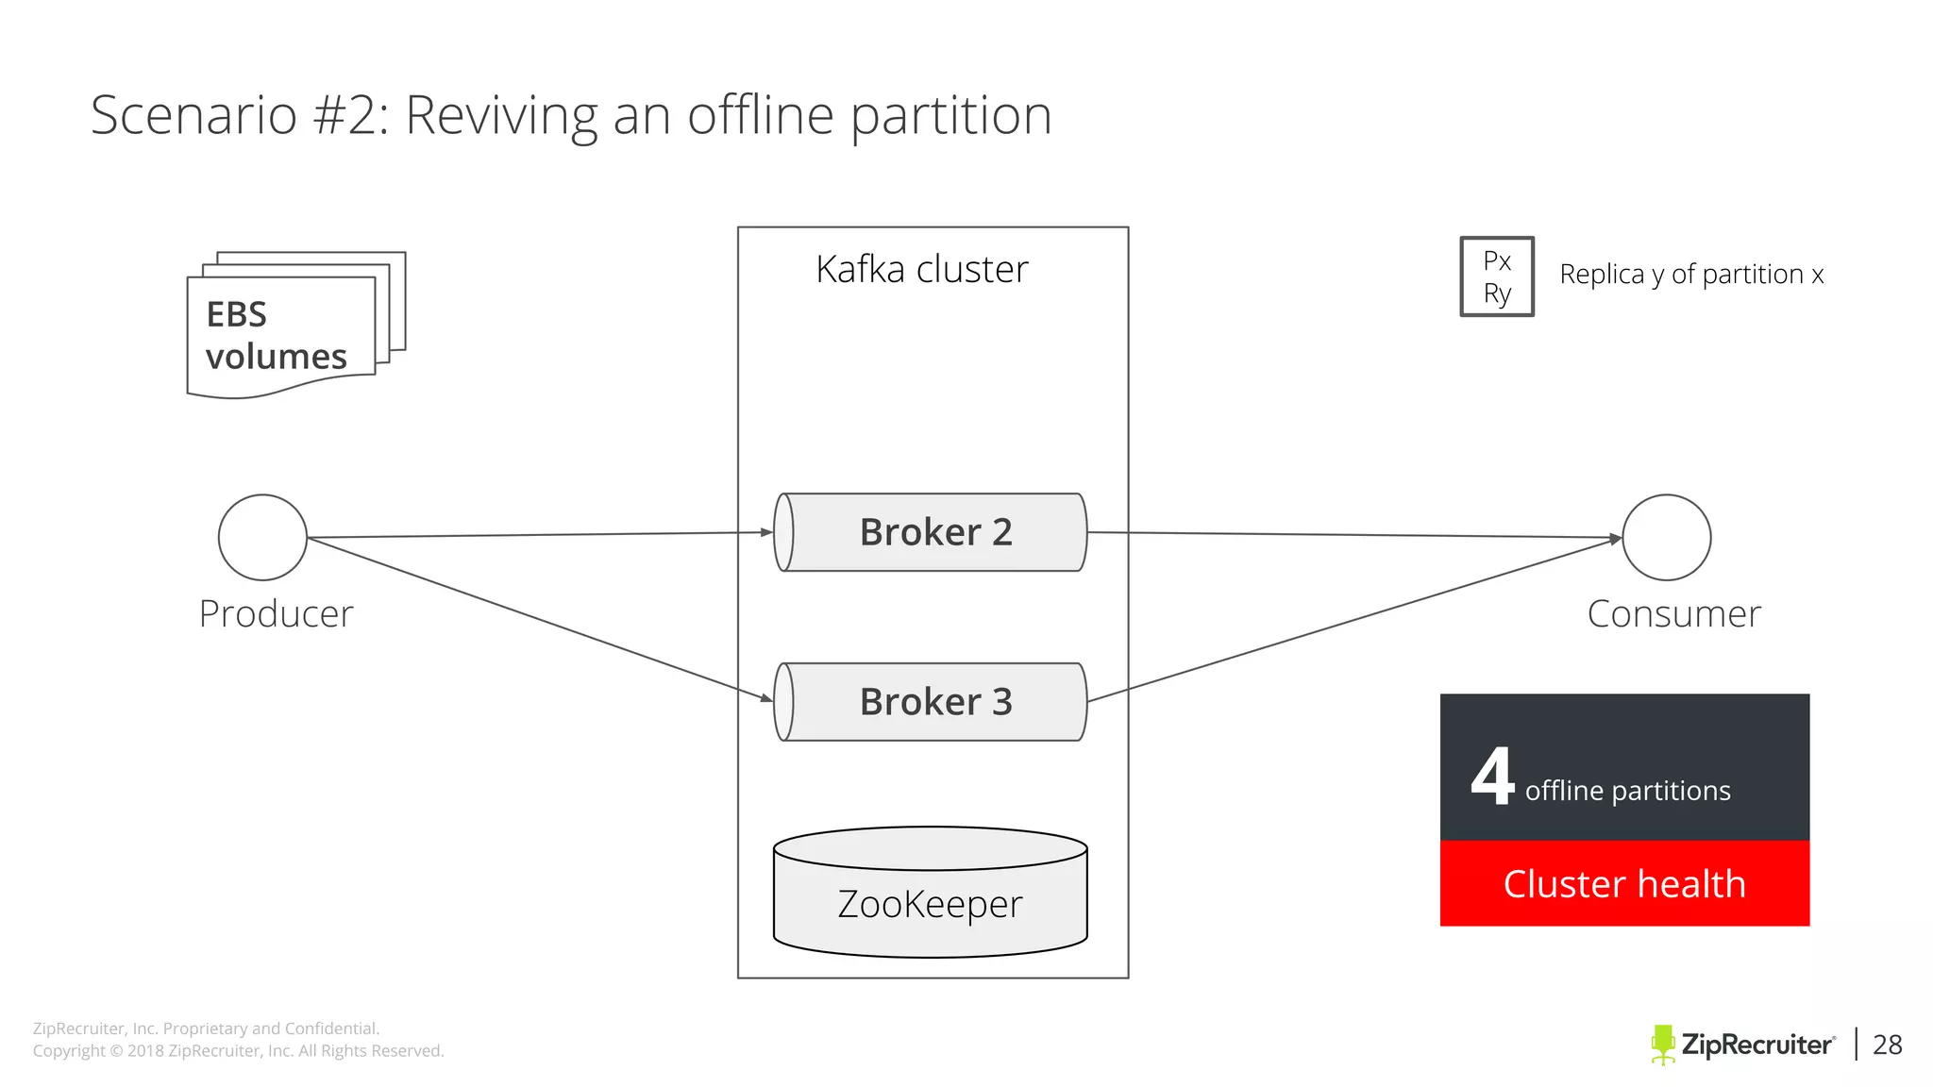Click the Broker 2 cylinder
click(x=931, y=532)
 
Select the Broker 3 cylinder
click(x=931, y=702)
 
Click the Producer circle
click(x=262, y=537)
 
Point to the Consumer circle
click(x=1666, y=537)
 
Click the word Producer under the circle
click(x=276, y=614)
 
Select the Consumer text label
click(x=1673, y=614)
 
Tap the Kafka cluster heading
click(x=921, y=270)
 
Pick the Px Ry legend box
click(x=1497, y=276)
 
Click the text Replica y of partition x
click(x=1691, y=275)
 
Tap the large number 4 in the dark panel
click(x=1492, y=777)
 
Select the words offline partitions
click(x=1627, y=791)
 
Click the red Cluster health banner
click(x=1624, y=883)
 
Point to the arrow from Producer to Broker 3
click(x=538, y=619)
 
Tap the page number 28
click(x=1887, y=1045)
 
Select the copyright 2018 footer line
click(x=238, y=1051)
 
